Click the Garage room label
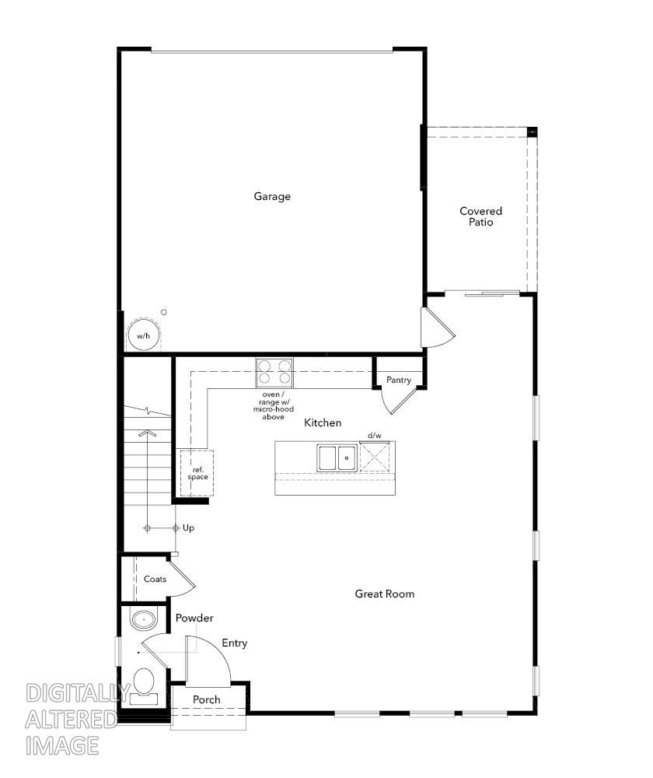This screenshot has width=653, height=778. [x=272, y=196]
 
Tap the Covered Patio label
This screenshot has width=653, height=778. [x=480, y=216]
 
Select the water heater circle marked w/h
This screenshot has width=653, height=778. [x=142, y=335]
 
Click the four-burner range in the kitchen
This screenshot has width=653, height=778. [x=274, y=373]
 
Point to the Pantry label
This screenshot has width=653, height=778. [x=399, y=380]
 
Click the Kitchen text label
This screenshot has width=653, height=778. [x=322, y=422]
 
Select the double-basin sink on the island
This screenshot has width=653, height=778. [x=337, y=457]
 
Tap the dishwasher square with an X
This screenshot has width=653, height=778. [x=375, y=457]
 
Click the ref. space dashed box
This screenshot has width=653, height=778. [x=197, y=472]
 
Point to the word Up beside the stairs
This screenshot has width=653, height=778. [x=188, y=528]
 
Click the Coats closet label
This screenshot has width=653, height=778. [x=155, y=579]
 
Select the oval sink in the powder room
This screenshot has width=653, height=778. [x=143, y=620]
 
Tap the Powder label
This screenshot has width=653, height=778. [x=194, y=618]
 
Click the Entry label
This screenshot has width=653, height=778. [x=234, y=643]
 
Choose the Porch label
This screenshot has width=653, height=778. [x=207, y=699]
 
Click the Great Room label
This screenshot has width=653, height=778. [x=384, y=594]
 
